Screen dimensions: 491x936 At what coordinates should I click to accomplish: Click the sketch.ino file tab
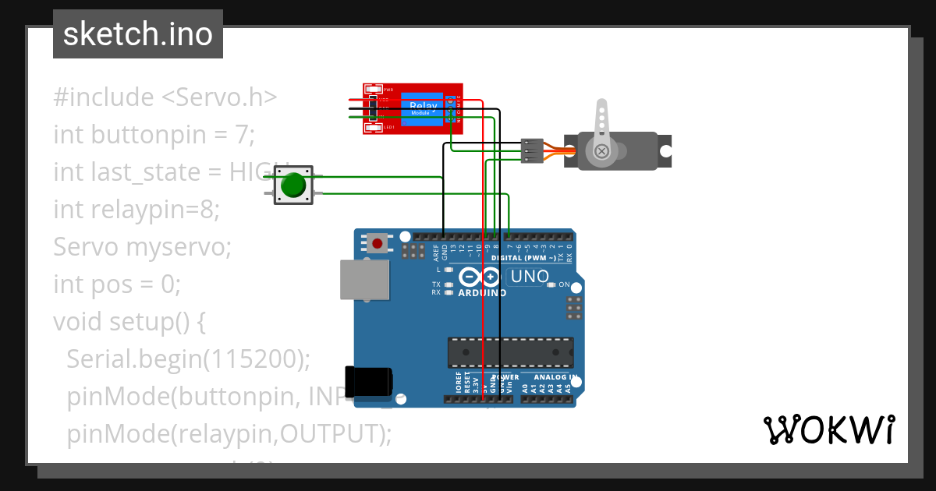[137, 34]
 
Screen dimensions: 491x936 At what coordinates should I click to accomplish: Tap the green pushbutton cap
[293, 185]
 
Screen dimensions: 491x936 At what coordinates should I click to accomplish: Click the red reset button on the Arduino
[378, 244]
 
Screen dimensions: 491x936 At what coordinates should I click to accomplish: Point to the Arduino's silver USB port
[363, 279]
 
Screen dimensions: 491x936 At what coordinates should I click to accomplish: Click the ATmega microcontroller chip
[510, 352]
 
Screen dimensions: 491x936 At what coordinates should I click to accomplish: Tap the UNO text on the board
[530, 277]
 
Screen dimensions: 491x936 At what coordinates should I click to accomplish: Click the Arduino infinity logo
[480, 277]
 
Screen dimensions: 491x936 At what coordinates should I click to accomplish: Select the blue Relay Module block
[422, 108]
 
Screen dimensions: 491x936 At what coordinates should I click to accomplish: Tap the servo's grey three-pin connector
[532, 150]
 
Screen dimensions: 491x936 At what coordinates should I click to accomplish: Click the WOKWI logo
[828, 429]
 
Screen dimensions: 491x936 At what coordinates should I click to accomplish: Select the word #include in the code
[104, 97]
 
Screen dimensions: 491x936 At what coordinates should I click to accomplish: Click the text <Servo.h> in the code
[219, 97]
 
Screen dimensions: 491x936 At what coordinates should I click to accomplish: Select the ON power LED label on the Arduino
[564, 285]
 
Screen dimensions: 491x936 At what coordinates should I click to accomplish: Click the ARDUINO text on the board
[482, 294]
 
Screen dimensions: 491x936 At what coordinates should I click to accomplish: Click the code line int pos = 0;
[117, 284]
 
